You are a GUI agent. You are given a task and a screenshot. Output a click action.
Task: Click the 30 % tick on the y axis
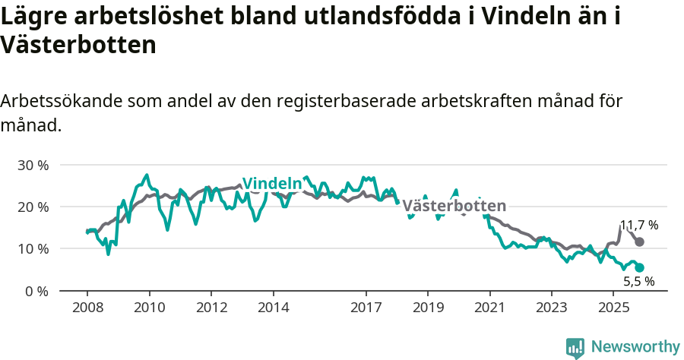(33, 165)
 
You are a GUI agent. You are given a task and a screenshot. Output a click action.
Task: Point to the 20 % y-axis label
(33, 207)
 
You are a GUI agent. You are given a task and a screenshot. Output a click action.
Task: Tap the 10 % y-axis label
(33, 248)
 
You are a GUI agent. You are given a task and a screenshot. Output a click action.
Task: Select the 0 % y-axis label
(36, 291)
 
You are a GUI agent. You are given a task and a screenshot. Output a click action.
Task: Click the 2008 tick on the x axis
(87, 308)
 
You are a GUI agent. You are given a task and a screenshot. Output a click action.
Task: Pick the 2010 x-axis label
(149, 308)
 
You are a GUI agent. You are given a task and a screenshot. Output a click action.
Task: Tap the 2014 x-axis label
(274, 308)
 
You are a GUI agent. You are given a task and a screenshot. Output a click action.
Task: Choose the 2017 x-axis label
(366, 308)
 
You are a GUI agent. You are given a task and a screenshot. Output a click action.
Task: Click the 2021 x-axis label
(490, 308)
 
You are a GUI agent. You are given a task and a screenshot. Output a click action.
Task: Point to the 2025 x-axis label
(614, 308)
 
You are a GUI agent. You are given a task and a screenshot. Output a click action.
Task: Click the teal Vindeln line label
(272, 184)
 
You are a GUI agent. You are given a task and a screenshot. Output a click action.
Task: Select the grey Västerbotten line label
(454, 206)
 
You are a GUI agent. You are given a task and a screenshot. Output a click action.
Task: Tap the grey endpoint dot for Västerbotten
(639, 242)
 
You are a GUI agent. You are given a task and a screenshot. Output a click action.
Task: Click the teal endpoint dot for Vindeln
(639, 267)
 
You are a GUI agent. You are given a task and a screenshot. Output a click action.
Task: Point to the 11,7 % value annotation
(638, 226)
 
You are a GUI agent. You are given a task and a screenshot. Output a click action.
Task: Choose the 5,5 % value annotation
(638, 282)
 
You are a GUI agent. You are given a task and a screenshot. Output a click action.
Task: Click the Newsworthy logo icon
(575, 348)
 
